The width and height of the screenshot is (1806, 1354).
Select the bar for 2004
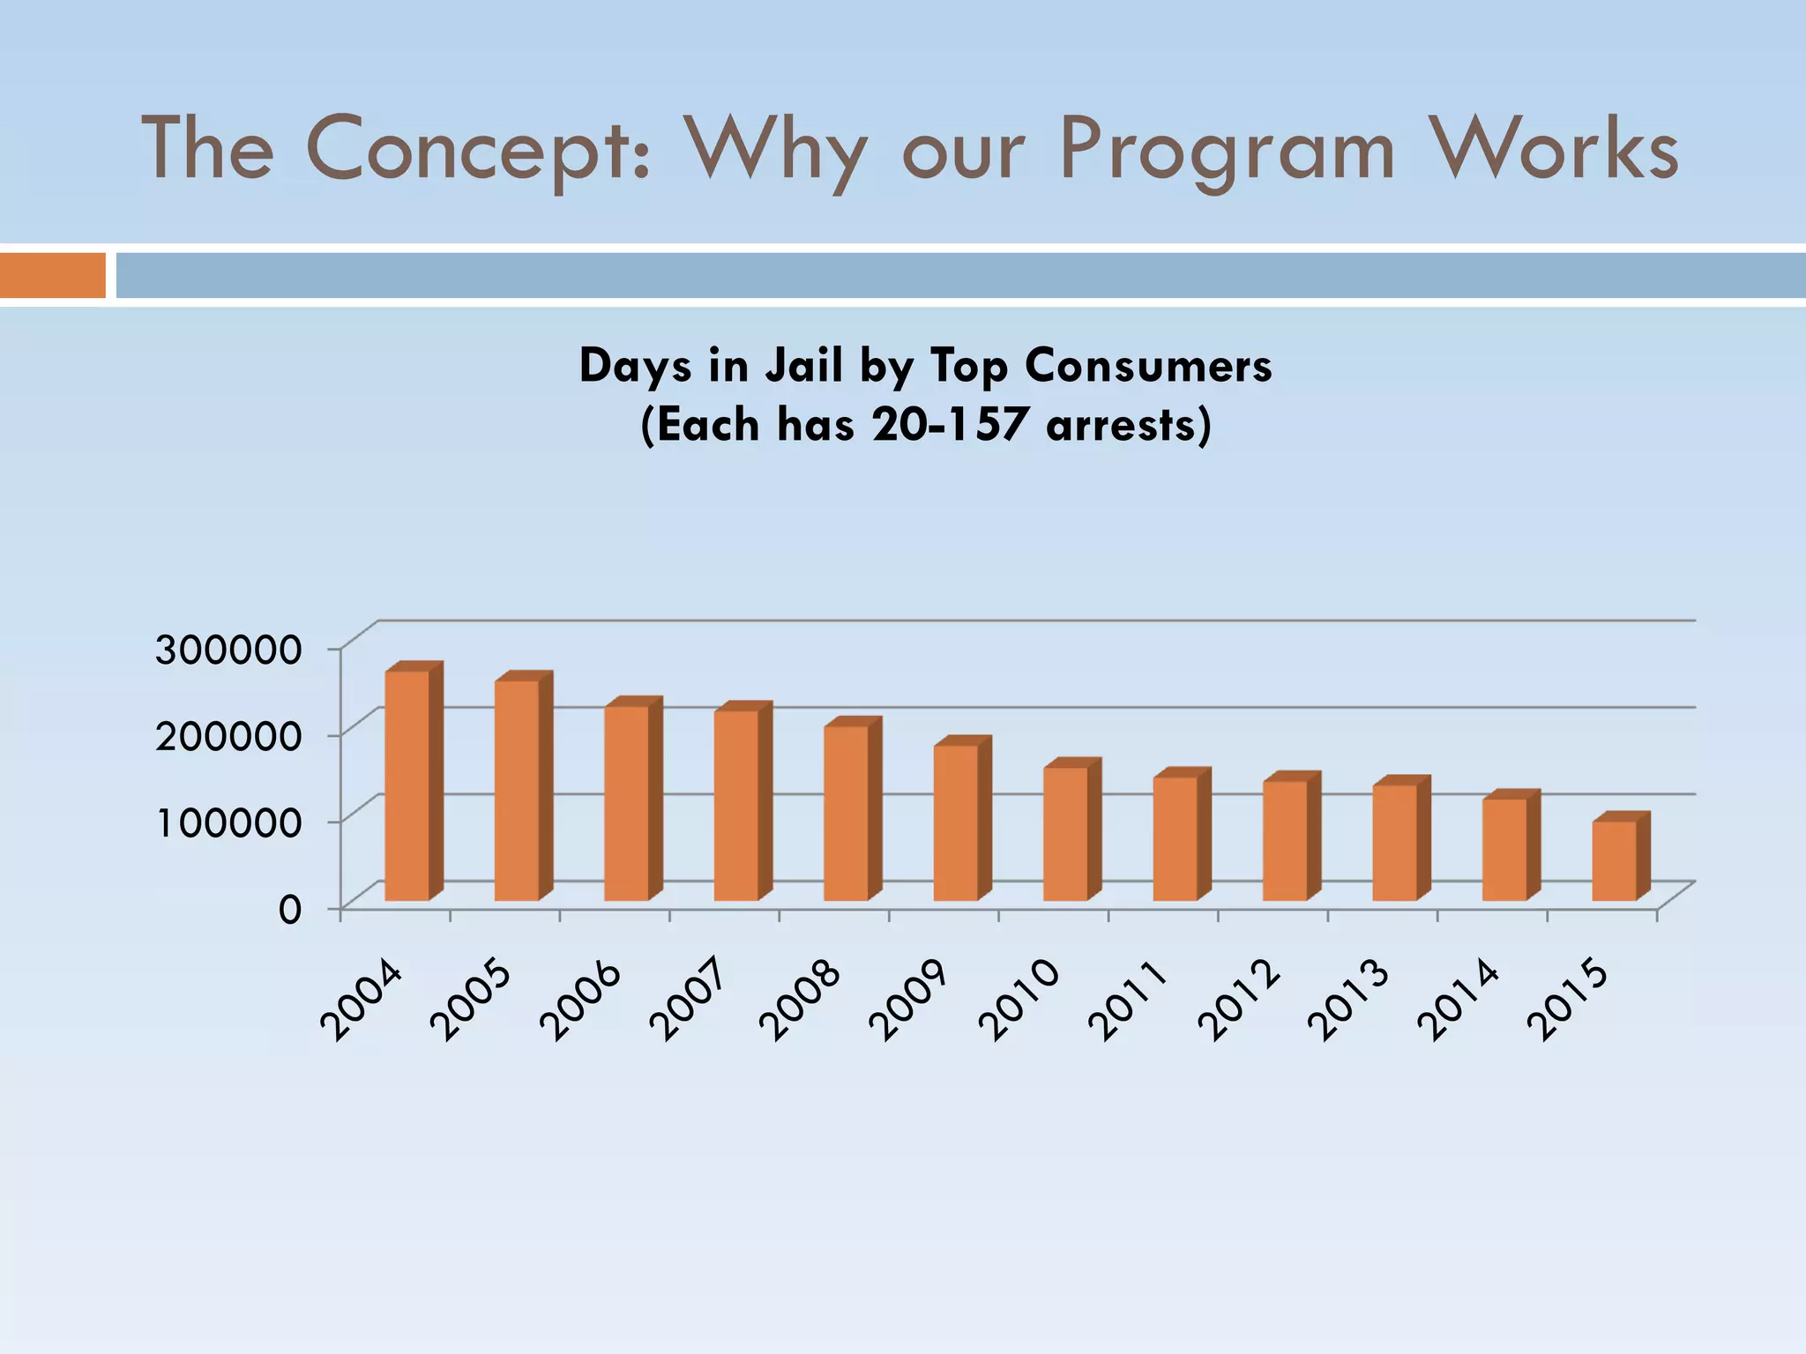click(407, 785)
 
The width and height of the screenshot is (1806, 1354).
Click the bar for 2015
click(1614, 860)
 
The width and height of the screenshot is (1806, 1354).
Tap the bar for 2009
click(956, 822)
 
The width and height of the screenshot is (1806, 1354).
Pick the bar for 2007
click(736, 805)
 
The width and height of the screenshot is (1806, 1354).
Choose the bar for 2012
click(1285, 839)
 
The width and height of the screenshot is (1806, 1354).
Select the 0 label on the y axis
click(290, 909)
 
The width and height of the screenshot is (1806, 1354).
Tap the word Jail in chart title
click(803, 366)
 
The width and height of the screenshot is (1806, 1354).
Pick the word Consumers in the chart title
click(1148, 366)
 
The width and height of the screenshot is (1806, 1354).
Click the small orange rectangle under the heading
click(53, 275)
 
